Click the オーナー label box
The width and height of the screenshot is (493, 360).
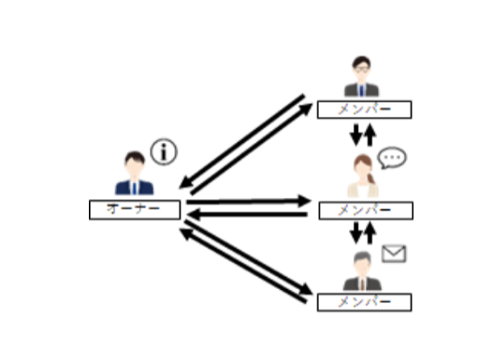click(135, 209)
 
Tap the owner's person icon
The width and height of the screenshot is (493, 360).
click(135, 175)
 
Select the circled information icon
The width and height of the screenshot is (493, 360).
click(164, 151)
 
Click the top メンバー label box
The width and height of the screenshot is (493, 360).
click(363, 109)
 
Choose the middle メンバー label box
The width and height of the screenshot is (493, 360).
click(364, 209)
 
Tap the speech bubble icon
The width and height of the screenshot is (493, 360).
click(394, 157)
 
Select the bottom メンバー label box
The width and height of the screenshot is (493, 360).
click(364, 302)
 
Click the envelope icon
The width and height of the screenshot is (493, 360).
click(394, 254)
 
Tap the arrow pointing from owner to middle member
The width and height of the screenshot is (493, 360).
click(248, 200)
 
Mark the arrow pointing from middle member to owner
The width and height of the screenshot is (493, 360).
click(248, 214)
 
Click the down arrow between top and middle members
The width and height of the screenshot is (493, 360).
click(355, 135)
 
